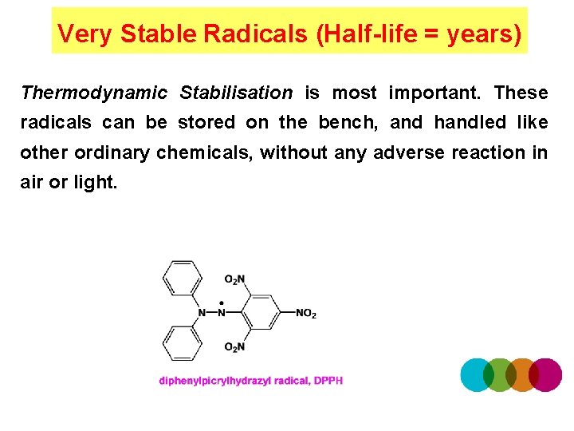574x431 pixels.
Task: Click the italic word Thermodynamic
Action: (x=94, y=93)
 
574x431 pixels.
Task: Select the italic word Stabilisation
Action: (x=236, y=93)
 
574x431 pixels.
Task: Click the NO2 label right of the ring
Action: (x=306, y=314)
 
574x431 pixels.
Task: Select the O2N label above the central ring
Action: (x=234, y=279)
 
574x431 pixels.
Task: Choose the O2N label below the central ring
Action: (x=234, y=346)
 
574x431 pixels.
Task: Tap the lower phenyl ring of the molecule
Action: (x=183, y=344)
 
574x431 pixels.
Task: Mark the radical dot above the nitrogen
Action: (x=221, y=303)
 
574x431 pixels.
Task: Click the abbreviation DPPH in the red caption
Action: (x=328, y=381)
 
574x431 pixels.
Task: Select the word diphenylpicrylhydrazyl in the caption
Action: (x=214, y=381)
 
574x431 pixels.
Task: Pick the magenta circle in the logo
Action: (x=545, y=374)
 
